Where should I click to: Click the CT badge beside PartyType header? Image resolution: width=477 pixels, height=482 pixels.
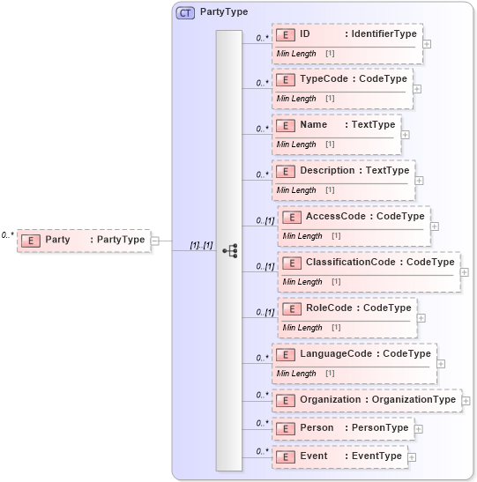click(x=186, y=12)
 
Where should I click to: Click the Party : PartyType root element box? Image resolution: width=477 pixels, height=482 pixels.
click(x=83, y=240)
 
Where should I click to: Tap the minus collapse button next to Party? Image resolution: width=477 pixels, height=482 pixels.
click(x=155, y=240)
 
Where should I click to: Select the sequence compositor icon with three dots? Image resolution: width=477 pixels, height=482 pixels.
click(x=229, y=250)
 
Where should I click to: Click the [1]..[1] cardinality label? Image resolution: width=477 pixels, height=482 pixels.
click(x=202, y=244)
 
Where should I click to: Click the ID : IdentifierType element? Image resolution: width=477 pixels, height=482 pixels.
click(x=347, y=34)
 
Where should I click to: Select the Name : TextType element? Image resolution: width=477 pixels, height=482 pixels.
click(x=337, y=125)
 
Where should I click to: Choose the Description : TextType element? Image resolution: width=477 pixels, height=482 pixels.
click(x=343, y=171)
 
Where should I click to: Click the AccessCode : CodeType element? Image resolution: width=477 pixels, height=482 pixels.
click(x=354, y=217)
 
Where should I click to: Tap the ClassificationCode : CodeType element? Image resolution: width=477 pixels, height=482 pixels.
click(x=369, y=263)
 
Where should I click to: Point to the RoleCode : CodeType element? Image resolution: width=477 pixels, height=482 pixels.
click(x=347, y=308)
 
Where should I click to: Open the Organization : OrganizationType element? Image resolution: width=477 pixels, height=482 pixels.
click(x=366, y=400)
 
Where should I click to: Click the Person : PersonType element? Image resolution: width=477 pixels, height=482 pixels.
click(x=343, y=428)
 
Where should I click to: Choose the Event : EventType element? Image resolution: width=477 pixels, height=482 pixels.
click(x=339, y=456)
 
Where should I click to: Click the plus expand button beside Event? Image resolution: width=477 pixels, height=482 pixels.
click(x=412, y=457)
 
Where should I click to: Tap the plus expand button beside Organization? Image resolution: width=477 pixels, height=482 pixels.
click(x=466, y=401)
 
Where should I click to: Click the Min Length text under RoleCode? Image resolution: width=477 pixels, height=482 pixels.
click(x=302, y=328)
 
